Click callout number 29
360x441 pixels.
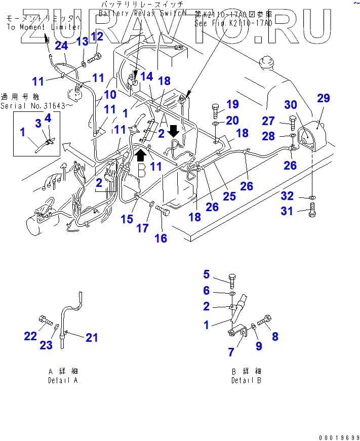click(x=323, y=98)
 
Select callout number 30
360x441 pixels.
click(x=291, y=105)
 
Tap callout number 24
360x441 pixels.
click(x=61, y=46)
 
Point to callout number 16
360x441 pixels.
click(x=161, y=238)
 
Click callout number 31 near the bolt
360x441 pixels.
click(x=287, y=211)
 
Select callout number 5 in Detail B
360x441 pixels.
click(x=207, y=274)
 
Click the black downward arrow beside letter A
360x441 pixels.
click(x=173, y=131)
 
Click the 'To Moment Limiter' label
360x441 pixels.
click(x=44, y=27)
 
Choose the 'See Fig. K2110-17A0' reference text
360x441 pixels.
click(x=233, y=23)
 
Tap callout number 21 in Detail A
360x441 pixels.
click(x=92, y=338)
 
